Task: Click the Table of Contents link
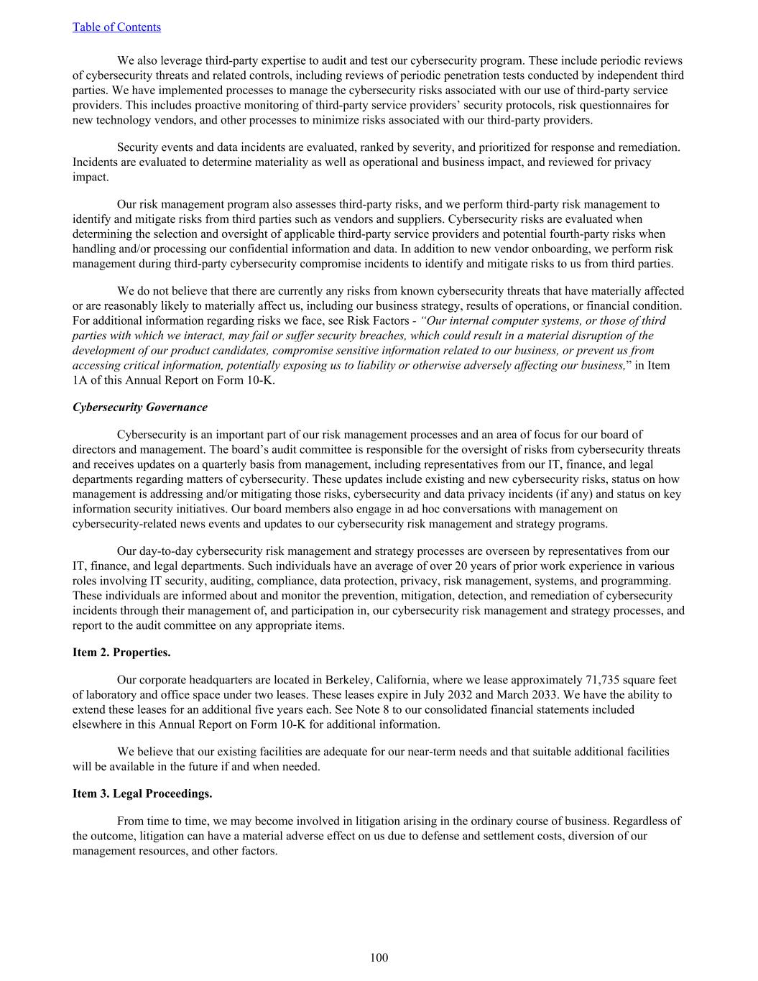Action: click(x=116, y=27)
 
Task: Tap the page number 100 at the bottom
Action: click(x=379, y=957)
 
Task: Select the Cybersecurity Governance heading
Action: click(x=140, y=407)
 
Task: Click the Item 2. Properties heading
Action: click(x=121, y=653)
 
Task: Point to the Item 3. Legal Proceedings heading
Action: click(x=142, y=793)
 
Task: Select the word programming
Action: click(x=637, y=581)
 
